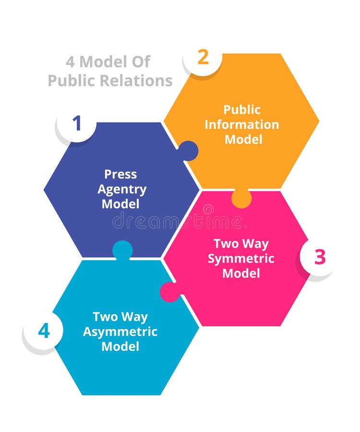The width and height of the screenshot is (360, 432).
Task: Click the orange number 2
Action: pyautogui.click(x=203, y=58)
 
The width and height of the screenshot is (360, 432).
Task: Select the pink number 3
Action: pyautogui.click(x=320, y=257)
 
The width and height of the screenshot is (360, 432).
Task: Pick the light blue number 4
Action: pyautogui.click(x=44, y=331)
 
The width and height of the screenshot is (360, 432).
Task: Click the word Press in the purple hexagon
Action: pyautogui.click(x=120, y=174)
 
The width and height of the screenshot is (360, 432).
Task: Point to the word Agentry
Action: pyautogui.click(x=122, y=189)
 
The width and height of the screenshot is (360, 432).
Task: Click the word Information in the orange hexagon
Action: pyautogui.click(x=242, y=124)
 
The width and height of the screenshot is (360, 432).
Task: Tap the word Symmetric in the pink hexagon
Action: pyautogui.click(x=241, y=258)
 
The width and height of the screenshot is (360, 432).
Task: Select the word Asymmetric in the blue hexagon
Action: pyautogui.click(x=120, y=331)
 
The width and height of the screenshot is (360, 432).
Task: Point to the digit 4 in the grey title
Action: pyautogui.click(x=70, y=62)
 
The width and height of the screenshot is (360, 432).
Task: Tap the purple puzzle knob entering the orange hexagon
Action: pyautogui.click(x=188, y=151)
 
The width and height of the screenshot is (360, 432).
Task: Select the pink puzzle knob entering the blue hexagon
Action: pyautogui.click(x=169, y=292)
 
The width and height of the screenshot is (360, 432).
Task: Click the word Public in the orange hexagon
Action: pyautogui.click(x=242, y=109)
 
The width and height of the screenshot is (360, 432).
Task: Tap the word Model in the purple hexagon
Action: pyautogui.click(x=120, y=204)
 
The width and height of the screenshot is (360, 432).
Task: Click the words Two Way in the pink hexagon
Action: pyautogui.click(x=241, y=243)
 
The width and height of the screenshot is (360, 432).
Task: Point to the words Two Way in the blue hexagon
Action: pyautogui.click(x=120, y=316)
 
